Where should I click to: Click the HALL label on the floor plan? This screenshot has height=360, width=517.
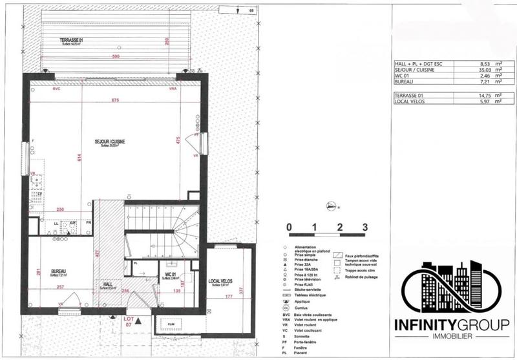pyautogui.click(x=108, y=284)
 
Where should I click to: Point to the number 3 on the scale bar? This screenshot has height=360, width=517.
pyautogui.click(x=365, y=227)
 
